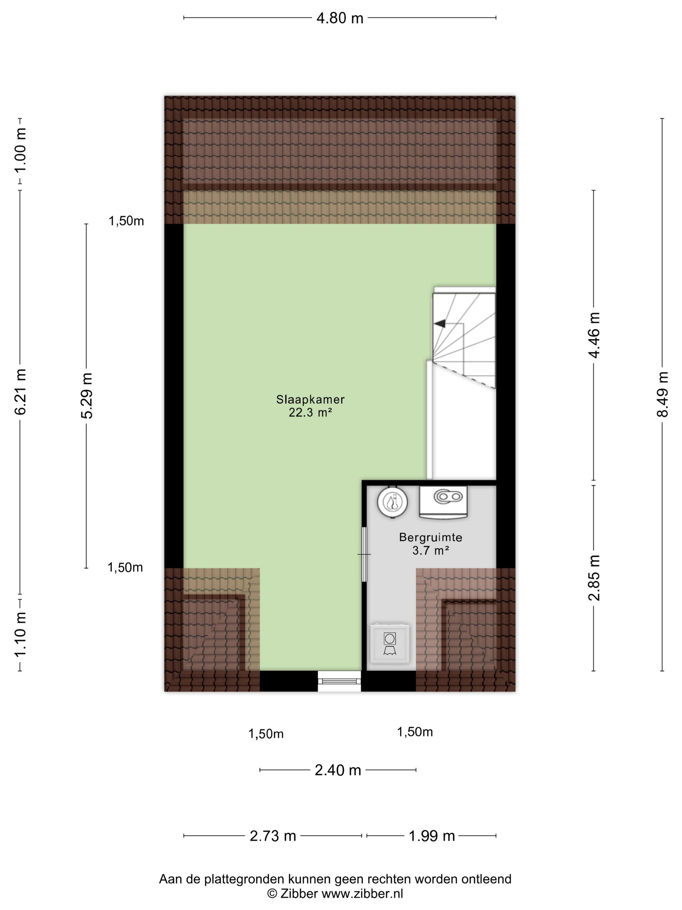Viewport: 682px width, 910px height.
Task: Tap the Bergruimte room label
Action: tap(430, 537)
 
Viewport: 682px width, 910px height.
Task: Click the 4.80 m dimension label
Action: tap(340, 19)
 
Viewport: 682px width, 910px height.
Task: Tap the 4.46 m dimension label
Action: tap(594, 335)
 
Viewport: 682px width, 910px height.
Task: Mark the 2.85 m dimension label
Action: tap(594, 578)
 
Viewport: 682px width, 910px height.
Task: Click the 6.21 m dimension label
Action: tap(20, 391)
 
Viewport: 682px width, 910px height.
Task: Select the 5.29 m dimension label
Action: tap(87, 395)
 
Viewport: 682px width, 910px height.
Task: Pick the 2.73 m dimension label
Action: tap(273, 836)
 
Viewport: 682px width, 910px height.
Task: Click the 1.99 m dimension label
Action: tap(432, 836)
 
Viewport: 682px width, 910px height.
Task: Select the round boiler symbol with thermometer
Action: tap(393, 502)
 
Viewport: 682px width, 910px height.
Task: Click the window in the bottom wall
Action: tap(339, 681)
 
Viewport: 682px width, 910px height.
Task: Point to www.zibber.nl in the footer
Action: tap(362, 893)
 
